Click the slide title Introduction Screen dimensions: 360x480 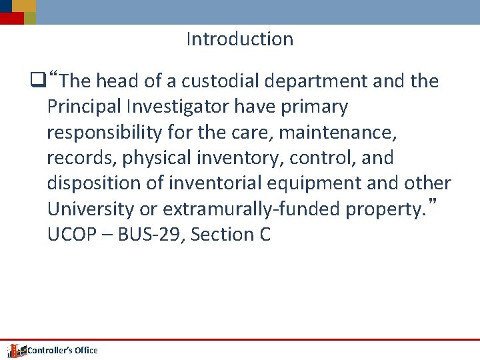pyautogui.click(x=239, y=39)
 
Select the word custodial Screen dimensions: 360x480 pyautogui.click(x=221, y=81)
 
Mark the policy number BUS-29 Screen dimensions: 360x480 pyautogui.click(x=139, y=235)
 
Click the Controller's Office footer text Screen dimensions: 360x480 pyautogui.click(x=62, y=350)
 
